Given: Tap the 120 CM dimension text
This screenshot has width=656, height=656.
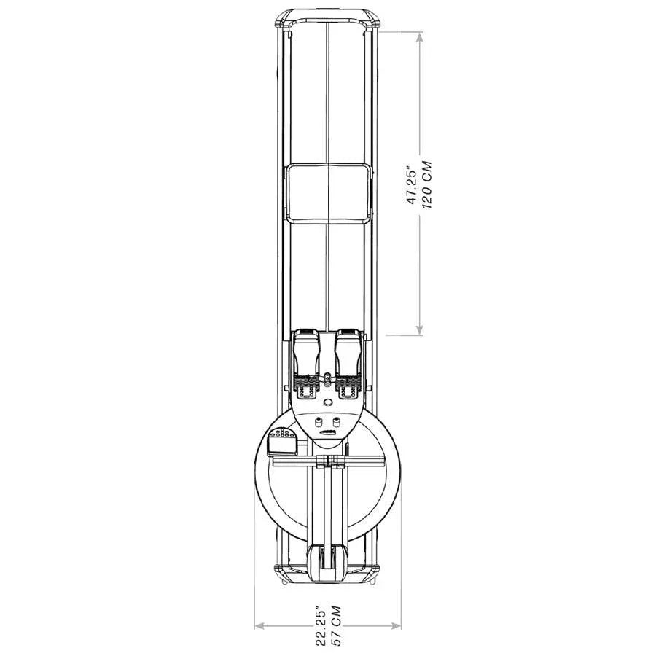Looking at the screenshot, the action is tap(427, 184).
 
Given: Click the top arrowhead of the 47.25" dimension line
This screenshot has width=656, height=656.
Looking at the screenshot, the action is tap(420, 37).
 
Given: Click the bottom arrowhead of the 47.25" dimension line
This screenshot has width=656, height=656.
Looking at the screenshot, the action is tap(420, 329).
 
